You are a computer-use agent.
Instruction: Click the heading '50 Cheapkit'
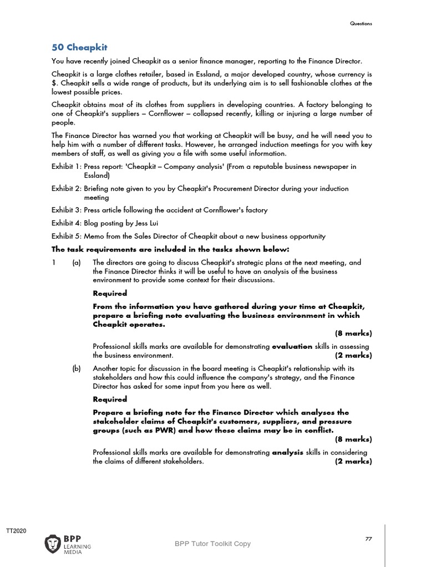click(x=79, y=47)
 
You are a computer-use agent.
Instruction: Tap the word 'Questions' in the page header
click(x=361, y=23)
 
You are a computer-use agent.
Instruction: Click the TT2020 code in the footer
click(x=16, y=531)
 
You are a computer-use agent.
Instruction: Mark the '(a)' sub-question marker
click(x=77, y=262)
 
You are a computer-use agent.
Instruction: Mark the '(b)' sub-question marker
click(x=77, y=368)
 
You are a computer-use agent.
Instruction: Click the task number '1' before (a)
click(x=54, y=262)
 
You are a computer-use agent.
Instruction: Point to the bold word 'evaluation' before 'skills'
click(x=292, y=347)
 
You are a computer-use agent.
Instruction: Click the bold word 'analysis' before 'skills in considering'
click(x=287, y=452)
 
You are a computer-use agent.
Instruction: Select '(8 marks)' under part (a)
click(x=353, y=333)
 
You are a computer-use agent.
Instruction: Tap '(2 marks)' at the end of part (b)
click(x=353, y=461)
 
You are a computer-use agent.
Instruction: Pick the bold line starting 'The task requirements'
click(x=170, y=249)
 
